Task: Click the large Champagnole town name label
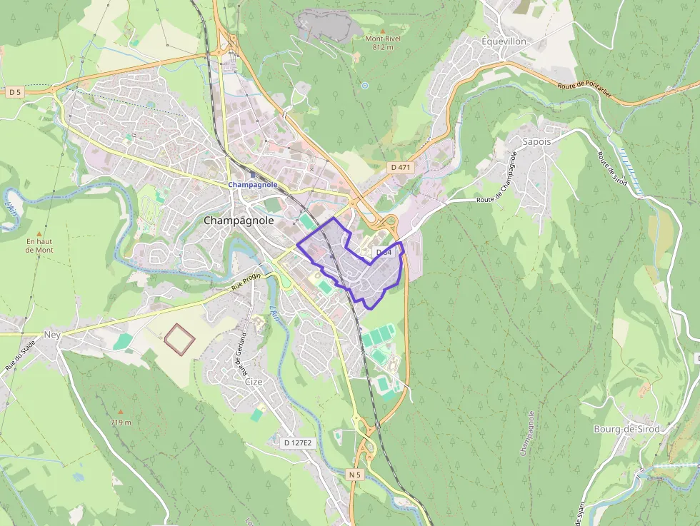[x=239, y=221]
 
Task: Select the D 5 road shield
[x=15, y=92]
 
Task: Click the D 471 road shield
[x=401, y=166]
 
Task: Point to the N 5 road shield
[x=356, y=474]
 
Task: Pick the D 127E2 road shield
[x=297, y=442]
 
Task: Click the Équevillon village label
[x=504, y=41]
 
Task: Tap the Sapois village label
[x=537, y=141]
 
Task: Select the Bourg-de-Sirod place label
[x=626, y=429]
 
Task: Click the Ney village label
[x=52, y=334]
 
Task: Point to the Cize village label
[x=254, y=382]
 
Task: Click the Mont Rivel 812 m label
[x=379, y=43]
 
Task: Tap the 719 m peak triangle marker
[x=121, y=413]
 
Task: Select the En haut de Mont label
[x=39, y=246]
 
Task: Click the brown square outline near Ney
[x=179, y=338]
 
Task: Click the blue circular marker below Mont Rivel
[x=365, y=86]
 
